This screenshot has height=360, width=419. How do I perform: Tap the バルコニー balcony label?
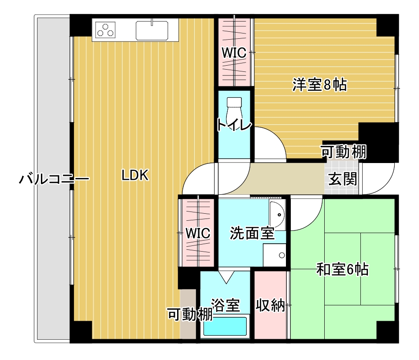[x=54, y=179]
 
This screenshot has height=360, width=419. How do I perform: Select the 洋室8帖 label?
[x=319, y=85]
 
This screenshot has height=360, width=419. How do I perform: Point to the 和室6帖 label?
[x=342, y=269]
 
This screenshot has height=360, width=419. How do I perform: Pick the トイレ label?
[x=234, y=126]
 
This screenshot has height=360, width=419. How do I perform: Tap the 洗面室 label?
[x=252, y=233]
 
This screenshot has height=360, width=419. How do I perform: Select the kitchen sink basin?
[x=152, y=30]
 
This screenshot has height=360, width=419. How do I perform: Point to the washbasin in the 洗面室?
[x=278, y=215]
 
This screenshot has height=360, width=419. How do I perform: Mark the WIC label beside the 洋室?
[x=234, y=53]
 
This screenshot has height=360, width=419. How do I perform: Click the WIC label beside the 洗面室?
[x=197, y=233]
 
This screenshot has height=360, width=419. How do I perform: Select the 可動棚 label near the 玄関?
[x=343, y=152]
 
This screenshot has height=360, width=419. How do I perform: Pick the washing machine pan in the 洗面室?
[x=274, y=255]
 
